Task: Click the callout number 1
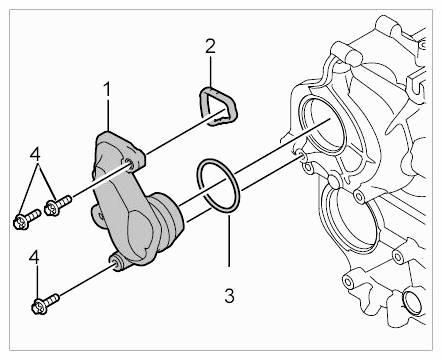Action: coord(106,90)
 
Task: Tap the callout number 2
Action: coord(210,46)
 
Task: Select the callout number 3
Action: coord(229,296)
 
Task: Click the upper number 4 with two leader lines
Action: coord(35,155)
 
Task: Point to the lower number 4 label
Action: coord(35,258)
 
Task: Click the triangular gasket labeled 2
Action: coord(201,102)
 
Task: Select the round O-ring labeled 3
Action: coord(201,173)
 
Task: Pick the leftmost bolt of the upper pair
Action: coord(26,219)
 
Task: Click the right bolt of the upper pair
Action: coord(59,206)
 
